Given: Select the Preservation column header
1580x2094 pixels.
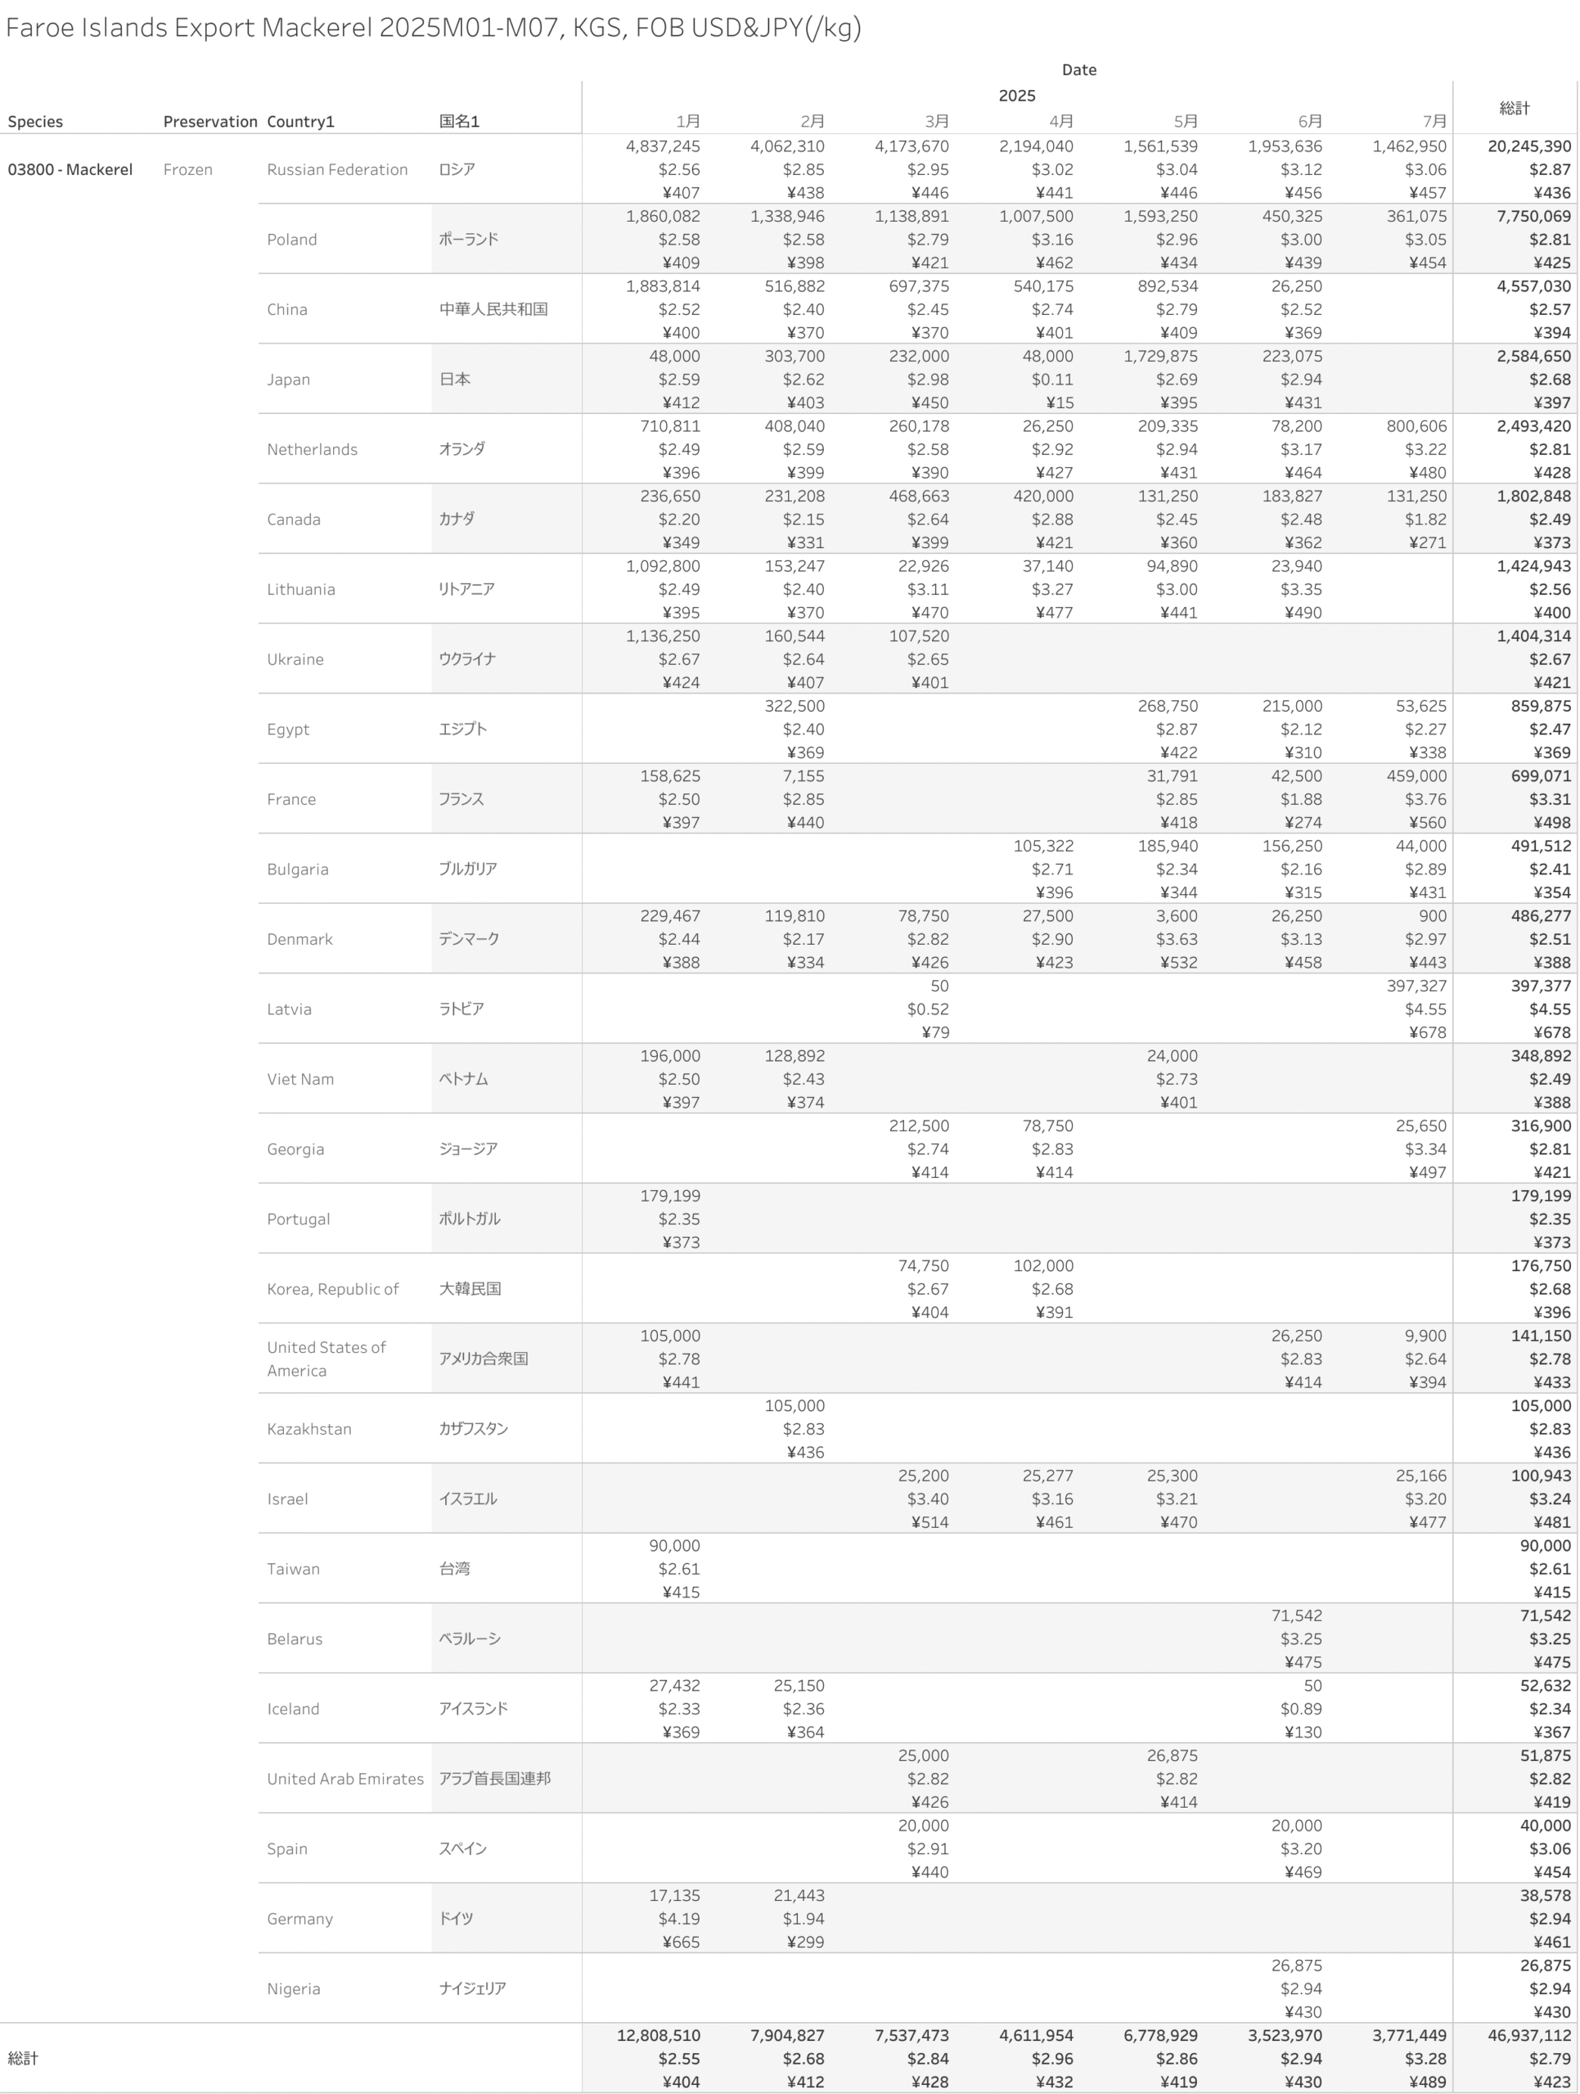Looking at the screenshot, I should click(x=209, y=121).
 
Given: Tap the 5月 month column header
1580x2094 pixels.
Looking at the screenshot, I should click(x=1186, y=121).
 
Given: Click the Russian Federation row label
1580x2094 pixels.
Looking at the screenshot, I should click(x=337, y=169).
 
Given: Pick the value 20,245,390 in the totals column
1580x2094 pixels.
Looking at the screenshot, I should click(x=1528, y=146).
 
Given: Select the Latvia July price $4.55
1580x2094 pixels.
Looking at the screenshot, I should click(x=1425, y=1009).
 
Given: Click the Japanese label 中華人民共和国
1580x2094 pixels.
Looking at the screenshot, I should click(x=493, y=309).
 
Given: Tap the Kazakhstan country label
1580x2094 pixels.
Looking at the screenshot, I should click(x=308, y=1428).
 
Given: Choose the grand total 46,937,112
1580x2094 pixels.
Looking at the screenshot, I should click(x=1528, y=2035).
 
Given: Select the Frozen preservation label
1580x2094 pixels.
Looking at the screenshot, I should click(x=187, y=169).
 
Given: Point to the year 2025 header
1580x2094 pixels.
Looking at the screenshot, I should click(x=1017, y=96).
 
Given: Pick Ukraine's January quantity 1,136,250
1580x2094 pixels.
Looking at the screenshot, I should click(x=663, y=636).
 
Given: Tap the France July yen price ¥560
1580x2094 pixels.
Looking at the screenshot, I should click(x=1427, y=823).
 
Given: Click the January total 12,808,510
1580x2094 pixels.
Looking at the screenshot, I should click(x=658, y=2035).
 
